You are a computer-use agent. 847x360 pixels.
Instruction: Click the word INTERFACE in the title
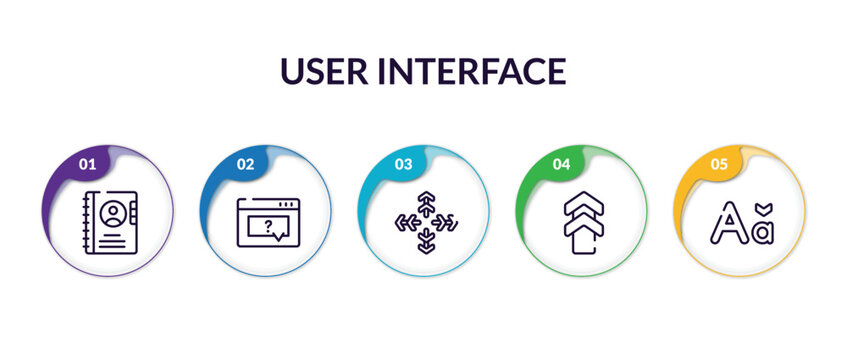484,71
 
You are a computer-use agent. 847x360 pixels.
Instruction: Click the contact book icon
107,220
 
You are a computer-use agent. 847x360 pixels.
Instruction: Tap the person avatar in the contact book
113,212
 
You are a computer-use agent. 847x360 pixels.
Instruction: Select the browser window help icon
266,221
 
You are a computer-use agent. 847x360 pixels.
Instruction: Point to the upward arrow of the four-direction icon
424,203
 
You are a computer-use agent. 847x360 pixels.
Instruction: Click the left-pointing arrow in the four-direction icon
405,221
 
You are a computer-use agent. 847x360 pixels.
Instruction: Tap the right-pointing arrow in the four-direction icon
444,221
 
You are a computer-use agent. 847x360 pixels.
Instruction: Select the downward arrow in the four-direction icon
424,239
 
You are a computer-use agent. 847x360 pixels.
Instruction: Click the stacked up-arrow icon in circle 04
582,221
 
